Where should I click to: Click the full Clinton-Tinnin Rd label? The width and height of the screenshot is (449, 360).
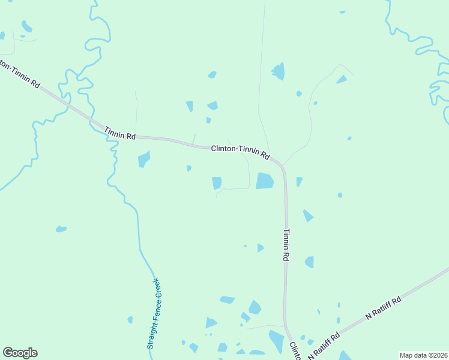240,152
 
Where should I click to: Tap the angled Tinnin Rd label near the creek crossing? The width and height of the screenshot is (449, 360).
119,133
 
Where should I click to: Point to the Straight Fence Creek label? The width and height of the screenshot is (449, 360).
154,313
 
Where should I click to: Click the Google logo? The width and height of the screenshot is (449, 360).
20,353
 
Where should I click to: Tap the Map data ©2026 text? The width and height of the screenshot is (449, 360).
423,355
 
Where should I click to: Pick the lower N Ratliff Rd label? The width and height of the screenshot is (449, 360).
324,346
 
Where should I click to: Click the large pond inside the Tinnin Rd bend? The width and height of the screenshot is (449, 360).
265,181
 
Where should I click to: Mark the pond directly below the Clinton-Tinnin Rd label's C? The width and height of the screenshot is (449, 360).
217,183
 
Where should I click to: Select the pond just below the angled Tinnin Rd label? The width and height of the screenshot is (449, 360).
143,159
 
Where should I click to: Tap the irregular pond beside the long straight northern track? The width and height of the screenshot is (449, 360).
278,72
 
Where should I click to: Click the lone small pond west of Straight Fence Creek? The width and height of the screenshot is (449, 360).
61,229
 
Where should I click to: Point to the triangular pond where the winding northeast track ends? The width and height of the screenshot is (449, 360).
342,79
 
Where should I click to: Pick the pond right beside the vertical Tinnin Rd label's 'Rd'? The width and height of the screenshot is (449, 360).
309,262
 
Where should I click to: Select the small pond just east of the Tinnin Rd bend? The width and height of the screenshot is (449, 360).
299,181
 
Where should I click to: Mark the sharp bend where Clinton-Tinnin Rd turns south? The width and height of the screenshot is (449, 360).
282,167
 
